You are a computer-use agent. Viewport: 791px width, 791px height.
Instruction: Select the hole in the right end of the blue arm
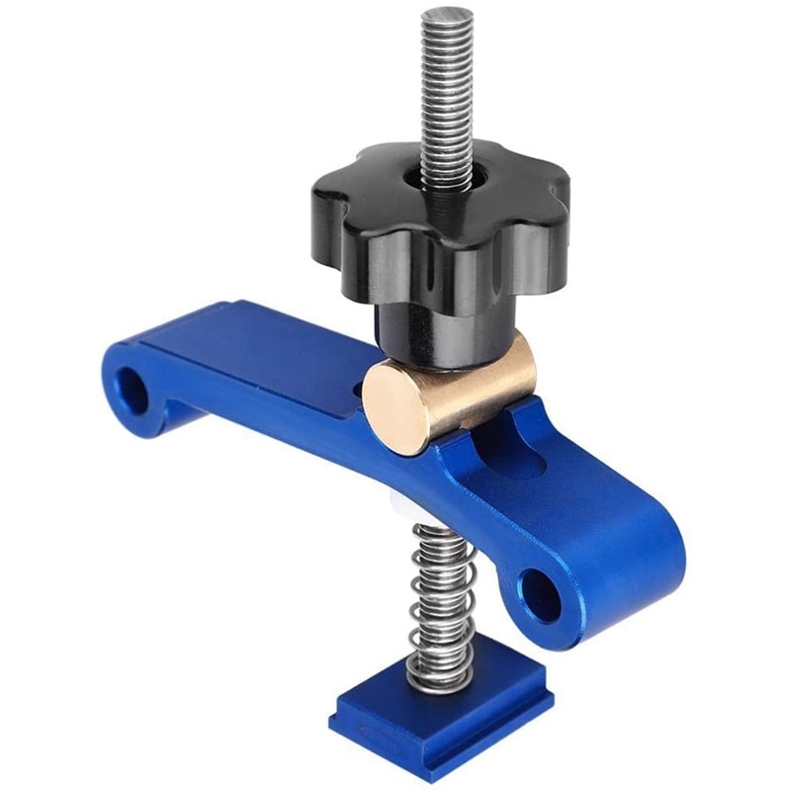click(542, 594)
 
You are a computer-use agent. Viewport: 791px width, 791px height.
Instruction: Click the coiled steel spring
click(440, 603)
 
